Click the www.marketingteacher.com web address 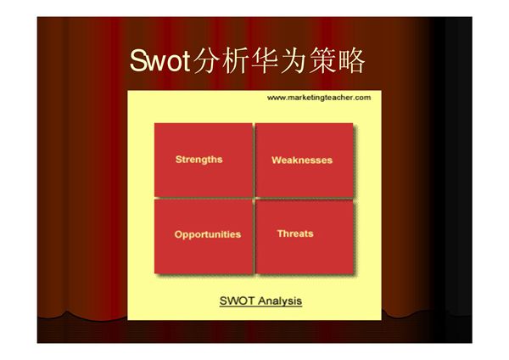point(318,98)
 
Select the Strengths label point(199,160)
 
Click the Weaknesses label point(301,160)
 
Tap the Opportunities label point(207,234)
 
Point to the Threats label point(295,233)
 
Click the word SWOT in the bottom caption point(234,301)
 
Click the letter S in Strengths point(178,160)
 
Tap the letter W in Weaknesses point(276,160)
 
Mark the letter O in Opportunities point(178,234)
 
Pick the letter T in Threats point(280,233)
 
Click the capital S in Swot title point(139,61)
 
